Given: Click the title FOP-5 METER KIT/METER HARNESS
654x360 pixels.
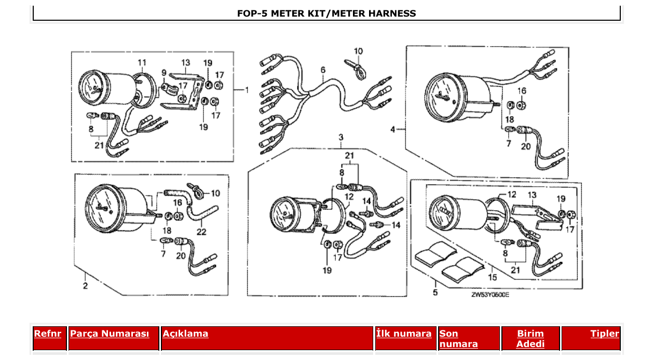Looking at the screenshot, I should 326,13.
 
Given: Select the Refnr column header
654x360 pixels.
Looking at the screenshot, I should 47,334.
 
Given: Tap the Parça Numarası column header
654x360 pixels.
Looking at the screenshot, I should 110,334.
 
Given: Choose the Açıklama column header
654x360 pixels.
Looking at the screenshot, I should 185,334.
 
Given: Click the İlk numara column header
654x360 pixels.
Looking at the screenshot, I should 404,334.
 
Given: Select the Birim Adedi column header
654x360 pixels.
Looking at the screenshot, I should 530,338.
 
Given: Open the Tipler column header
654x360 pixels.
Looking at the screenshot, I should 604,334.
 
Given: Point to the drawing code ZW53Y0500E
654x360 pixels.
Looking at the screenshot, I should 490,294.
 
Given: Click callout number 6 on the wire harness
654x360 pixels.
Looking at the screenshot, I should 323,70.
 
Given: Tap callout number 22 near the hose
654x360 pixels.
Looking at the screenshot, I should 201,232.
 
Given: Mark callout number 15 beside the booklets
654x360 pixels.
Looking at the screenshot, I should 493,277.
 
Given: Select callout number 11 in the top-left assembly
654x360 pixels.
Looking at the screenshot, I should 142,63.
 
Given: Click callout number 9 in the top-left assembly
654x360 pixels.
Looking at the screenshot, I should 163,73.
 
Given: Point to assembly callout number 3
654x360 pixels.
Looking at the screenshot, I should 341,137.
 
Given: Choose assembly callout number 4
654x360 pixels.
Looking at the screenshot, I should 393,129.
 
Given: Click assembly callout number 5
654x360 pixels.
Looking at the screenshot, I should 435,293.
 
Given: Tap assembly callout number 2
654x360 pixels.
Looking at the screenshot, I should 85,285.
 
